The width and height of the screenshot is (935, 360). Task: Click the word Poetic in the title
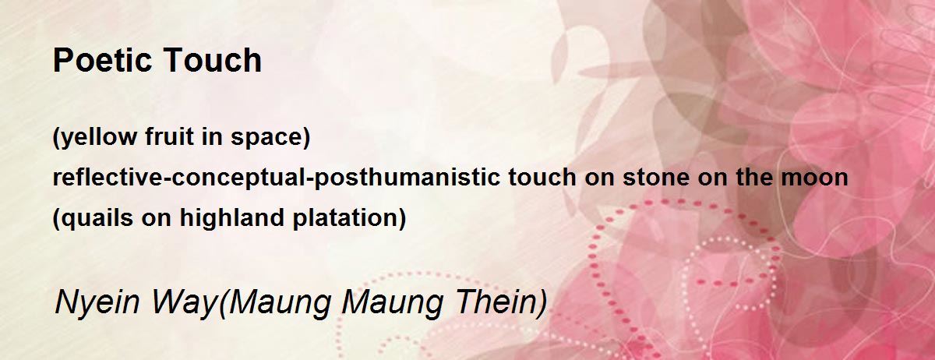click(101, 60)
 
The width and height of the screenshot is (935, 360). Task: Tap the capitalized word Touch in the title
click(212, 60)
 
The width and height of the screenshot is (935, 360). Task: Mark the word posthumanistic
click(407, 178)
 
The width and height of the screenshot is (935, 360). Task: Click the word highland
click(232, 217)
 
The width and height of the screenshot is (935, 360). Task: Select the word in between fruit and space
click(213, 136)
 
